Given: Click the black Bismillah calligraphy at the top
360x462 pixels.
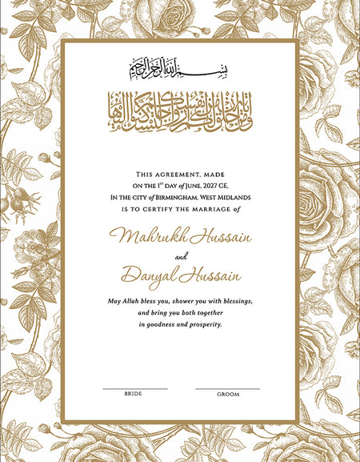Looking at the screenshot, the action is (180, 70).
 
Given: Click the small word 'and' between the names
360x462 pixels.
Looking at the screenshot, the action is (180, 257).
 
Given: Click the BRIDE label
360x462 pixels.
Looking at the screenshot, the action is (134, 394).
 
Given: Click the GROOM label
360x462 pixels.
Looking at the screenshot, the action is (227, 395).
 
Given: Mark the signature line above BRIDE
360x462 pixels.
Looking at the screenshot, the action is (134, 388).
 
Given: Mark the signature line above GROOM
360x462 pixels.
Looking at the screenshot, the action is (227, 388).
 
